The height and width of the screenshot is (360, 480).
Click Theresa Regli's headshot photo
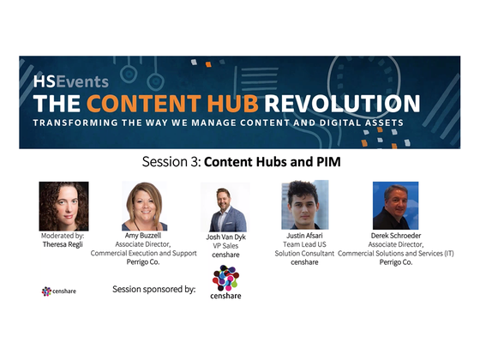click(63, 206)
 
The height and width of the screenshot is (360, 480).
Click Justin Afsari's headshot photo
click(305, 206)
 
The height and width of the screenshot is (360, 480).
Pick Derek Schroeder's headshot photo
click(396, 206)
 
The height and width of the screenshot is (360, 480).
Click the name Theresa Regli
click(64, 243)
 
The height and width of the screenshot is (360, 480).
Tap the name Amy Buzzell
click(144, 235)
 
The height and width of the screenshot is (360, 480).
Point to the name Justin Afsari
click(305, 235)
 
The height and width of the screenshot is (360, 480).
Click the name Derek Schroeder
click(396, 235)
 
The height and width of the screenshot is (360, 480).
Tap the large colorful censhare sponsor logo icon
click(226, 279)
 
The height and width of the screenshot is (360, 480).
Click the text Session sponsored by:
click(154, 289)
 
